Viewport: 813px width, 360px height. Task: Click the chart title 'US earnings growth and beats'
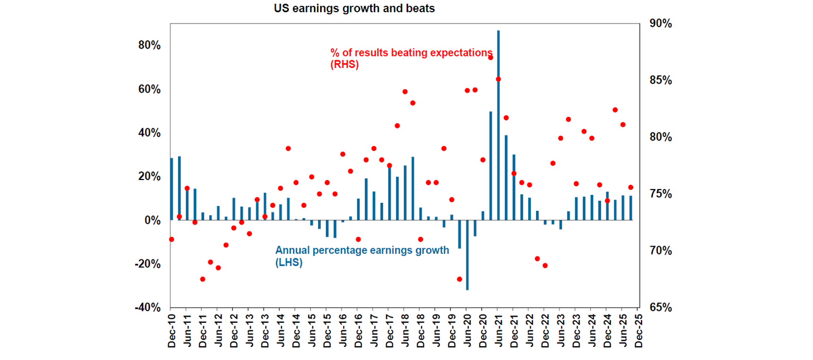point(354,8)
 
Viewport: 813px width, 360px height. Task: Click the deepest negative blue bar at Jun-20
point(467,255)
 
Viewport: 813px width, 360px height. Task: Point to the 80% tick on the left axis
point(150,46)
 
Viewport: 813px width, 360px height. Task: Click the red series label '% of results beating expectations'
point(411,53)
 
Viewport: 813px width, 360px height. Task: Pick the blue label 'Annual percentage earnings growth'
point(362,250)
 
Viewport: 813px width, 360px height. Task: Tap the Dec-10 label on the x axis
point(171,331)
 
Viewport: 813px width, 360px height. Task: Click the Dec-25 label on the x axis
point(638,331)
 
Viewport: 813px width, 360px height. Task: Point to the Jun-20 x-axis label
point(467,331)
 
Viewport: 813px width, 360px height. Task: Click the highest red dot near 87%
point(491,57)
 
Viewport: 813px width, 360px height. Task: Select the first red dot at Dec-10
point(171,239)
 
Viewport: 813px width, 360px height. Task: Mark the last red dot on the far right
point(630,187)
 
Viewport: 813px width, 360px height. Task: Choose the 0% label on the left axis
point(152,220)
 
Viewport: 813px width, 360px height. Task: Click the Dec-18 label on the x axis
point(420,331)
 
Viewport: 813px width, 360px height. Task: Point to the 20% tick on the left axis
point(150,176)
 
